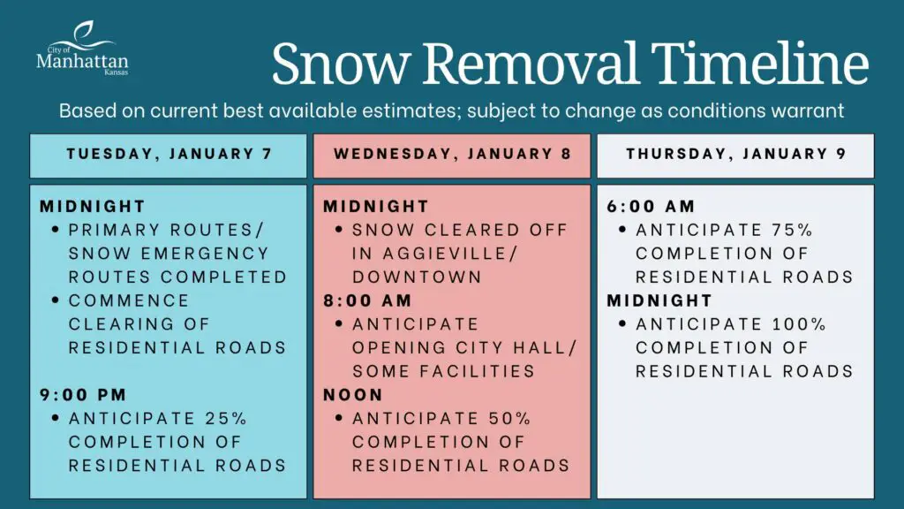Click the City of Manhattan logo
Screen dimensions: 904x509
click(82, 49)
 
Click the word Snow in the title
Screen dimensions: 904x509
click(341, 64)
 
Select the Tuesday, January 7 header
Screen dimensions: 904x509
click(169, 155)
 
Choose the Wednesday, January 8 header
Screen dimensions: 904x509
click(452, 155)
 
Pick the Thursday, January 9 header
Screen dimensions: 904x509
click(735, 155)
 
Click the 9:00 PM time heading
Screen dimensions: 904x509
click(83, 395)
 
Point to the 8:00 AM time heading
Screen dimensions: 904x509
click(367, 300)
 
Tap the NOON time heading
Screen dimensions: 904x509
click(353, 395)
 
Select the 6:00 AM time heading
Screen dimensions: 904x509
click(651, 207)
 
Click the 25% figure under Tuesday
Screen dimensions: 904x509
click(226, 418)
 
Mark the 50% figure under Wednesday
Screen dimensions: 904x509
click(509, 418)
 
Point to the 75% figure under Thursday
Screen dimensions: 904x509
click(792, 231)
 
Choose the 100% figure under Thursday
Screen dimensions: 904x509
click(800, 324)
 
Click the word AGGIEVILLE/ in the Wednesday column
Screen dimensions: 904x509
click(450, 254)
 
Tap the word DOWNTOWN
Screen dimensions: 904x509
click(417, 277)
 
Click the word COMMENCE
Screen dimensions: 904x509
click(129, 300)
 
